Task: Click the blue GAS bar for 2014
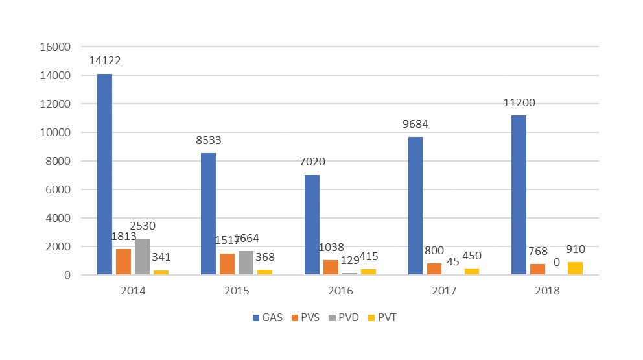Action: click(x=104, y=174)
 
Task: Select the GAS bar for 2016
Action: click(x=312, y=225)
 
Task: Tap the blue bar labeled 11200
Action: click(x=519, y=195)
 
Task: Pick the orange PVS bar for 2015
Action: click(x=227, y=264)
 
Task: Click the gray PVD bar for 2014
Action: click(x=142, y=257)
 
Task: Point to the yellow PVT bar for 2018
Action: click(x=575, y=269)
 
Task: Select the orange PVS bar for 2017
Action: click(x=434, y=269)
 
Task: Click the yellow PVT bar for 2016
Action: click(x=368, y=272)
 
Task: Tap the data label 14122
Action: click(x=105, y=61)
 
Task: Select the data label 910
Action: click(x=575, y=249)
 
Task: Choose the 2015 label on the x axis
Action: click(x=237, y=291)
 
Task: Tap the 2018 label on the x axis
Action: click(x=547, y=291)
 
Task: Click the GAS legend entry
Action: click(x=268, y=318)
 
